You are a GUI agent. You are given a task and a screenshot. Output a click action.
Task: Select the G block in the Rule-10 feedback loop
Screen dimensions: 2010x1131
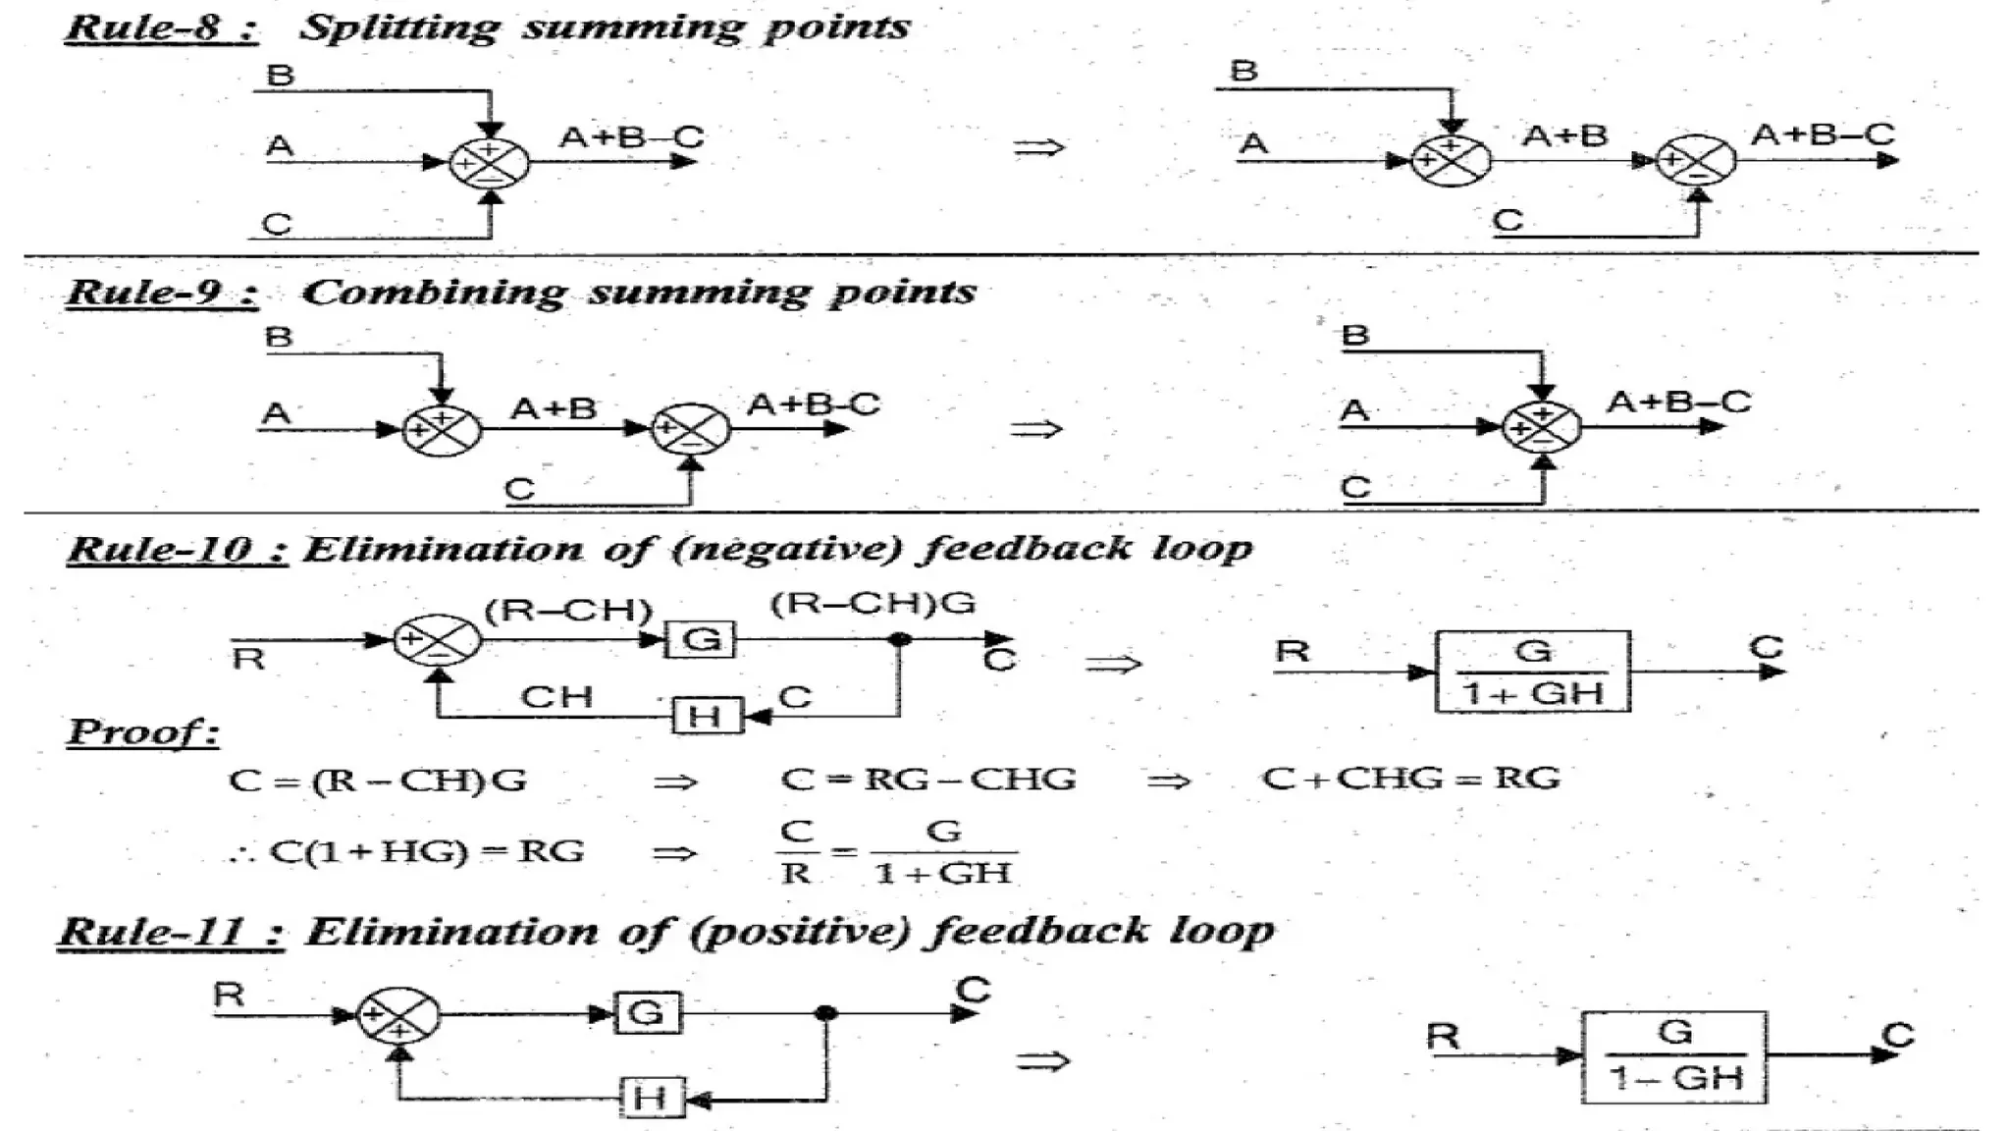point(701,640)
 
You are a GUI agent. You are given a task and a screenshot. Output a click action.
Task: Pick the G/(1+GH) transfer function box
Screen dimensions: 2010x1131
point(1532,672)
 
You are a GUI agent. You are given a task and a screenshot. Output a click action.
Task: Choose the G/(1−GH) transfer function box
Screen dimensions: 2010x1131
point(1674,1056)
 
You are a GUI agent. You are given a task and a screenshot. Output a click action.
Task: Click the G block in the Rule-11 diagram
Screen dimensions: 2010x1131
point(648,1013)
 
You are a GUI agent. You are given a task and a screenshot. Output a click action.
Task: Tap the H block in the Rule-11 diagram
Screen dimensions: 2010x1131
point(652,1098)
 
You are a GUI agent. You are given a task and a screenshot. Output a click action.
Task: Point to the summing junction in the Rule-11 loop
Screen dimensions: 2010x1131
point(398,1015)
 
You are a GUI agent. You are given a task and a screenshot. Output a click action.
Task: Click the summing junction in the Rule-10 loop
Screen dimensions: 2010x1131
point(438,640)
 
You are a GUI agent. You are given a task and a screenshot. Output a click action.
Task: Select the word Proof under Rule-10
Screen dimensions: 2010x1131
point(143,731)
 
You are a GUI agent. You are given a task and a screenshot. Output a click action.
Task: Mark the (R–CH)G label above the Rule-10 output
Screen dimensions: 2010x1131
point(873,603)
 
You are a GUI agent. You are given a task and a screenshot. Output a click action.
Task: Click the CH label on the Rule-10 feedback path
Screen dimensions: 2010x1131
point(556,697)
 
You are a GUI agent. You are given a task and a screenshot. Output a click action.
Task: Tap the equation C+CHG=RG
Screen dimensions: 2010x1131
point(1410,779)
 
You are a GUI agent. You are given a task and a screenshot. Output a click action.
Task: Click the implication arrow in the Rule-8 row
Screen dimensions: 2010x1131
point(1038,148)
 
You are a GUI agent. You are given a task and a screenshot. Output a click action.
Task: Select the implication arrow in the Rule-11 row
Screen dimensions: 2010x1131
point(1042,1060)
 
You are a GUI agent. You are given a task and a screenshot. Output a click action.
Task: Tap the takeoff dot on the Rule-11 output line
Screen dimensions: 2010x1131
point(826,1013)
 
